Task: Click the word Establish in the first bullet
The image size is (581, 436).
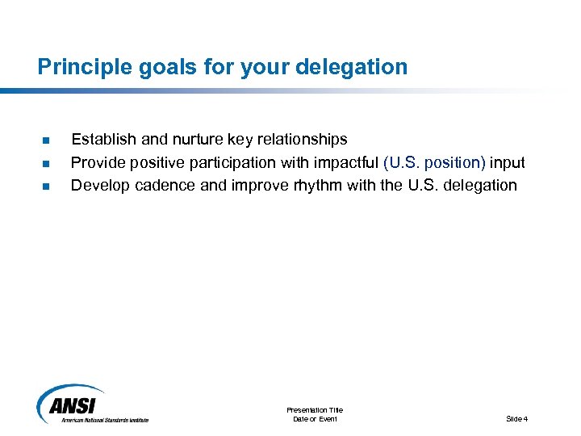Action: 102,140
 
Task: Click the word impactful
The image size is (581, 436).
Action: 349,162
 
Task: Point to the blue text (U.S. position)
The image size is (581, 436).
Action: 435,162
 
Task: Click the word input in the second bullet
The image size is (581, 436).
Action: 508,162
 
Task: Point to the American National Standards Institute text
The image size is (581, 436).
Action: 105,420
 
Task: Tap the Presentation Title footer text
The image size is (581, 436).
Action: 315,410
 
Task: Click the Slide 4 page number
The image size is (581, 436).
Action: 516,419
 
